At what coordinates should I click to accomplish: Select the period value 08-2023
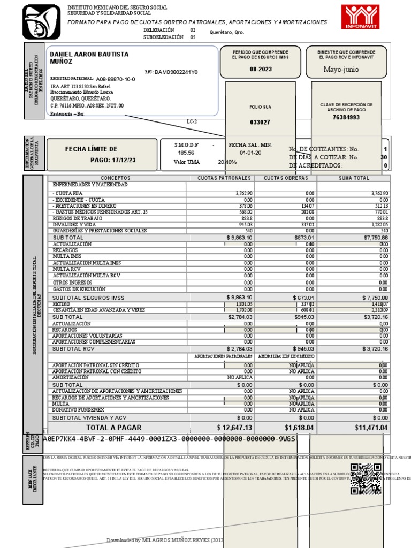(x=260, y=70)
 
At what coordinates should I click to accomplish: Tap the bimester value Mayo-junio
(x=341, y=70)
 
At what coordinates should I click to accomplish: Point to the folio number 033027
(x=260, y=122)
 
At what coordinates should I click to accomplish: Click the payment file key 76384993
(x=346, y=117)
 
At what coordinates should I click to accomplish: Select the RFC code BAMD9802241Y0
(x=176, y=72)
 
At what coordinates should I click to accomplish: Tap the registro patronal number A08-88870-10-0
(x=116, y=79)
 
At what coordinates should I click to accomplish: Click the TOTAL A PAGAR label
(x=114, y=428)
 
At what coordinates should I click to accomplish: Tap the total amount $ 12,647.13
(x=234, y=428)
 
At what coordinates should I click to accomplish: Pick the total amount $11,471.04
(x=371, y=428)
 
